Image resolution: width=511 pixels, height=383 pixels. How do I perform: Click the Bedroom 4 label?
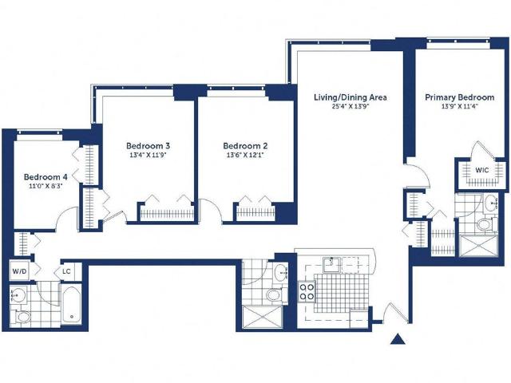[x=46, y=177]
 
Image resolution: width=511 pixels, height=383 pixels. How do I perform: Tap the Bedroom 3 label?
[x=149, y=145]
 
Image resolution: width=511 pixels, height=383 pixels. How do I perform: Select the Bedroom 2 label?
[x=245, y=145]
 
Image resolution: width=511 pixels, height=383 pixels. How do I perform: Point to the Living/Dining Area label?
[x=351, y=97]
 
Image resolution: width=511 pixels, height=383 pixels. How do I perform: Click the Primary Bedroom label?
[x=460, y=97]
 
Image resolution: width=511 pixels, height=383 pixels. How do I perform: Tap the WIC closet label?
[x=481, y=170]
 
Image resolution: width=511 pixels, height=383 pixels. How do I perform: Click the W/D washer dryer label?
[x=19, y=271]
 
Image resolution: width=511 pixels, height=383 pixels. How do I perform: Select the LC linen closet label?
[x=66, y=271]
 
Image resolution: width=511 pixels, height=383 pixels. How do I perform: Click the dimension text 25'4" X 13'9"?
[x=351, y=106]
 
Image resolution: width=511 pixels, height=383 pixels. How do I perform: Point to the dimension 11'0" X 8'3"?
[x=46, y=186]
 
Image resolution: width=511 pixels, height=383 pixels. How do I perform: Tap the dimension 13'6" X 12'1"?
[x=245, y=155]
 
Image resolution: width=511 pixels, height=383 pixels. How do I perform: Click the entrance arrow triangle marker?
[x=398, y=339]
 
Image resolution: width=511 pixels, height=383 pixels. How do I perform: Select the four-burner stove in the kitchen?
[x=307, y=291]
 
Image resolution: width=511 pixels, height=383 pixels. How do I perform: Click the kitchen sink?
[x=331, y=264]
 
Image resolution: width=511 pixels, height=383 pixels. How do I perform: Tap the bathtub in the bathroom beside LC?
[x=72, y=303]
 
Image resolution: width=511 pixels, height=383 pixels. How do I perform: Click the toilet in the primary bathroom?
[x=485, y=225]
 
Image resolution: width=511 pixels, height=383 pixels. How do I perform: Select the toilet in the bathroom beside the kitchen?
[x=275, y=295]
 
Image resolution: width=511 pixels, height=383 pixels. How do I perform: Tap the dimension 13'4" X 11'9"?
[x=149, y=155]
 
